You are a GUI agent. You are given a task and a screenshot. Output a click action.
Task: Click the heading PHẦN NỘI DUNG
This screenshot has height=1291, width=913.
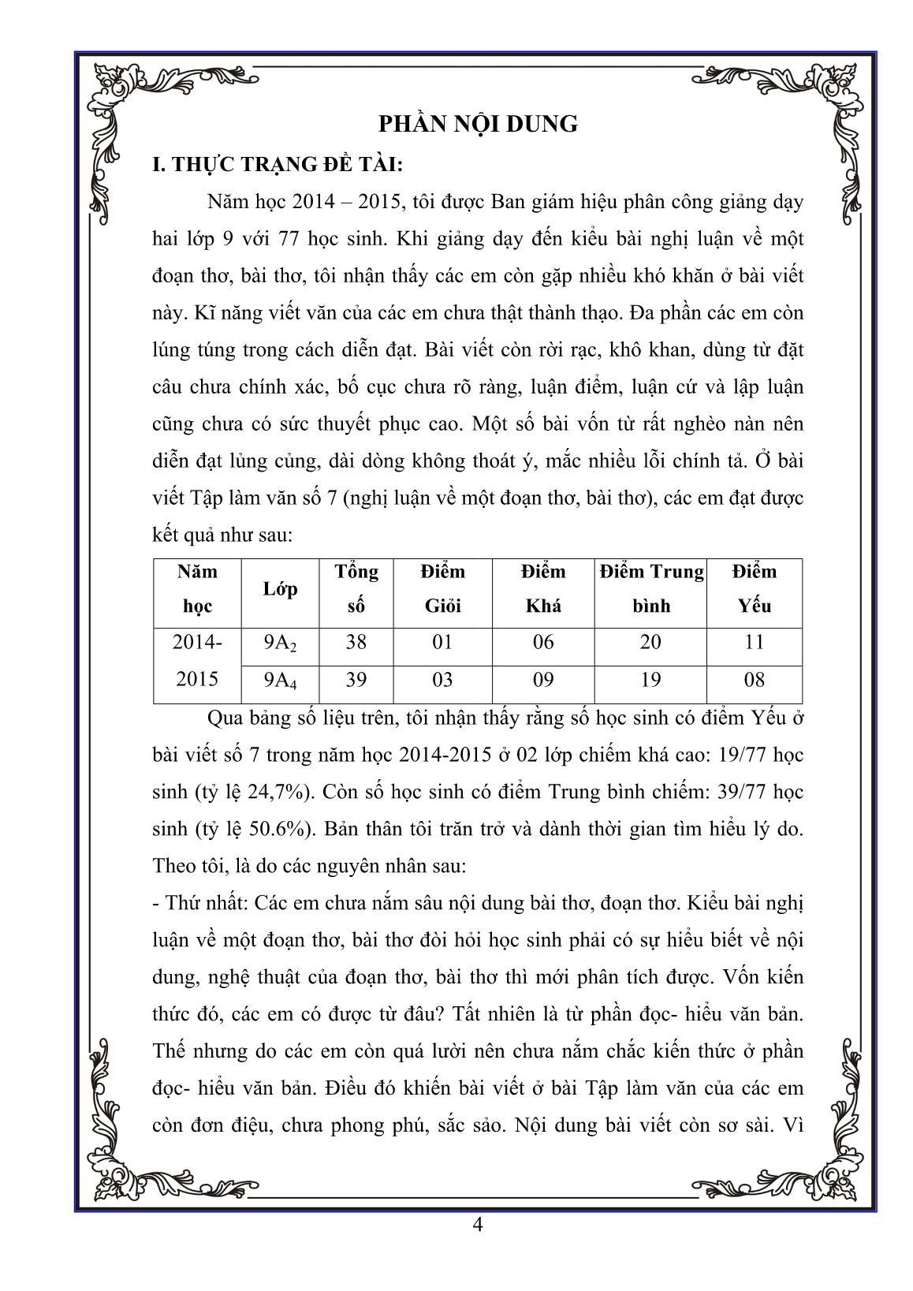(478, 124)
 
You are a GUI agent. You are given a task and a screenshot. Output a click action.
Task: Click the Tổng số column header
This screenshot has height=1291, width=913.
(356, 588)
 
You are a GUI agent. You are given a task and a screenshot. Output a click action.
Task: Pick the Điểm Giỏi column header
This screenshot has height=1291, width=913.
(443, 588)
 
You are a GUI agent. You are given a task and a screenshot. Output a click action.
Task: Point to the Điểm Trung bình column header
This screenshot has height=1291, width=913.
(650, 588)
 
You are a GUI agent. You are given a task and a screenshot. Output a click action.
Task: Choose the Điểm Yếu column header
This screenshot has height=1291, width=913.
(754, 588)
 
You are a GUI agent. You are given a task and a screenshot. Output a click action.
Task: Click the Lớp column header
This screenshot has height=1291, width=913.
(281, 589)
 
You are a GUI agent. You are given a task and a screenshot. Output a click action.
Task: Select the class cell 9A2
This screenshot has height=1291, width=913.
(281, 644)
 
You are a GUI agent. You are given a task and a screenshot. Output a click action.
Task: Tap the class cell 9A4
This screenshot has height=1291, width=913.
(281, 681)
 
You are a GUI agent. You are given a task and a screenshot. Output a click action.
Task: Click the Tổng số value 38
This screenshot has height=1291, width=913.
(356, 643)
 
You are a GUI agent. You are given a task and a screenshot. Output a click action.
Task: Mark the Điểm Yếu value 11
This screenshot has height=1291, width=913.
(754, 643)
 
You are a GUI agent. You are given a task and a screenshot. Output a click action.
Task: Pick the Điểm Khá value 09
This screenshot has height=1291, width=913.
(543, 680)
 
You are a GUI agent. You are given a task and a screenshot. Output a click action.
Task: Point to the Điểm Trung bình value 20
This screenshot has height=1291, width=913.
(650, 643)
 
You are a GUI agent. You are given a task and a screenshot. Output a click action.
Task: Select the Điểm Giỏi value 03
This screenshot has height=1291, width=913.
(443, 680)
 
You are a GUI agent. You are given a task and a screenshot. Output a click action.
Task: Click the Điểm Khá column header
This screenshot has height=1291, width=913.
(543, 588)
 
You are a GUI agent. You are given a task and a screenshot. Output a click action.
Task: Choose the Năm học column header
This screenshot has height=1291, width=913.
(197, 588)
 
